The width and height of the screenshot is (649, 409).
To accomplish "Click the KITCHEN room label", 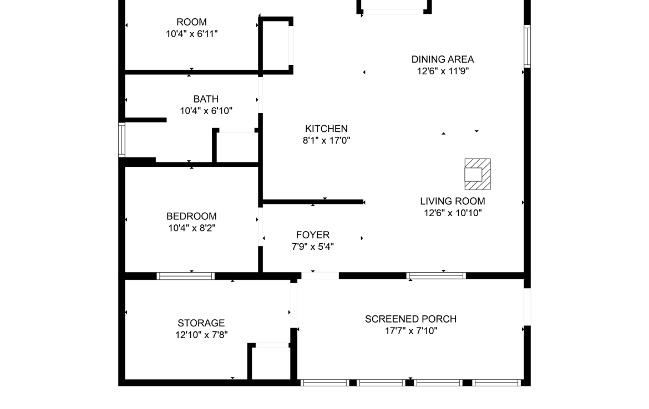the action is pos(326,129).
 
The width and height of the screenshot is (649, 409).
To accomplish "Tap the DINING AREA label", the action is pos(443,59).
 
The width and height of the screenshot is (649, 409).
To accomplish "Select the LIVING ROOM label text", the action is pos(453,201).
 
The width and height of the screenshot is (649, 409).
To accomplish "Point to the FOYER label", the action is pos(313,235).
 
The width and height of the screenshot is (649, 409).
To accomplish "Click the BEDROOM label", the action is pos(191,216).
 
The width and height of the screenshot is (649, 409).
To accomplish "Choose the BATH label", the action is pos(206,99).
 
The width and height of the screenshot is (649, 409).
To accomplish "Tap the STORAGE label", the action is pos(201,323).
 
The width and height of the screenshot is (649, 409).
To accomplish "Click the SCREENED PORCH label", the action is pos(410,319).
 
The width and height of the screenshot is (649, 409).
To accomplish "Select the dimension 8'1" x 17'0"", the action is pos(326,140).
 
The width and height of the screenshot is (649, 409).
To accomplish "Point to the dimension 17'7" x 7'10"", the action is pos(410,330).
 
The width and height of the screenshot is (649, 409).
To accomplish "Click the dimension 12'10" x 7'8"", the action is pos(201,335).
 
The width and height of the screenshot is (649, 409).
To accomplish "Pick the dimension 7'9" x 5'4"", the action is pos(313,247).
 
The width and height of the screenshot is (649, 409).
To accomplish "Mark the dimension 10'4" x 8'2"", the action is pos(191,227).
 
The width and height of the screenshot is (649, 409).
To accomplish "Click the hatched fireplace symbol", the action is pos(478,174).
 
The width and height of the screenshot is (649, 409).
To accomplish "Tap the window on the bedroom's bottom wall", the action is pos(185,276).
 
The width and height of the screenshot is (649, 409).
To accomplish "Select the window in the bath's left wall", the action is pos(121,140).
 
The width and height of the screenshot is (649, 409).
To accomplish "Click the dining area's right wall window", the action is pos(528,46).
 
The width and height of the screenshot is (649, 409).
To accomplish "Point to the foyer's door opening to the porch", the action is pos(320,276).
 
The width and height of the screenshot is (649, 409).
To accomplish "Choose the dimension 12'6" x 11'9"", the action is pos(443,71).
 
